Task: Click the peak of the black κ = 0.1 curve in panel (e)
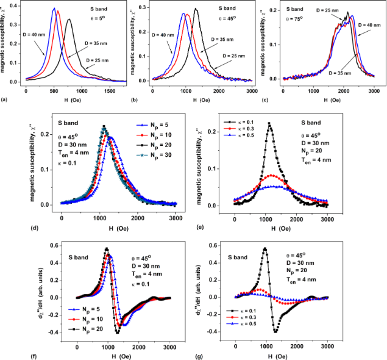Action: (269, 123)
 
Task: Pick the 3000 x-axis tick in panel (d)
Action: (176, 218)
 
